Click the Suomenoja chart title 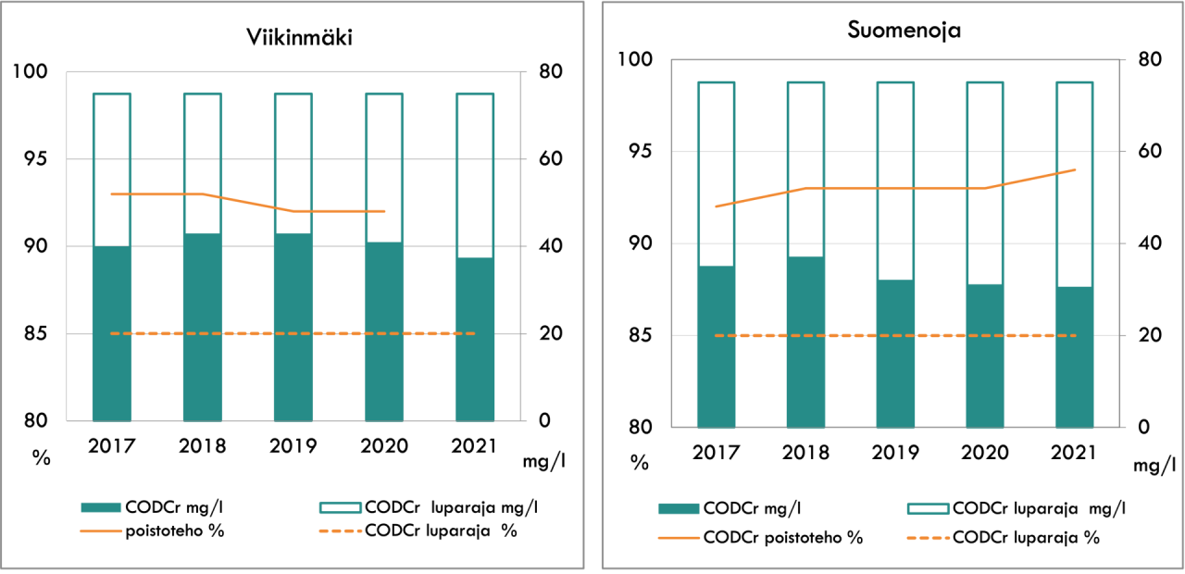click(904, 30)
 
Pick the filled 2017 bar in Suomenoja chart click(716, 346)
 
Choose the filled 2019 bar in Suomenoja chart click(895, 353)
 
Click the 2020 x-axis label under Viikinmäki click(384, 445)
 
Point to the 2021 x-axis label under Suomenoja click(1074, 453)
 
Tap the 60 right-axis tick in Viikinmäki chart click(538, 159)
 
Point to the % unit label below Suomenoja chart click(639, 462)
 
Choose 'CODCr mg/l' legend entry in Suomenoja click(752, 507)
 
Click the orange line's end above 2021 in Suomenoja click(1075, 169)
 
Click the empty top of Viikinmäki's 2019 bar click(293, 162)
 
